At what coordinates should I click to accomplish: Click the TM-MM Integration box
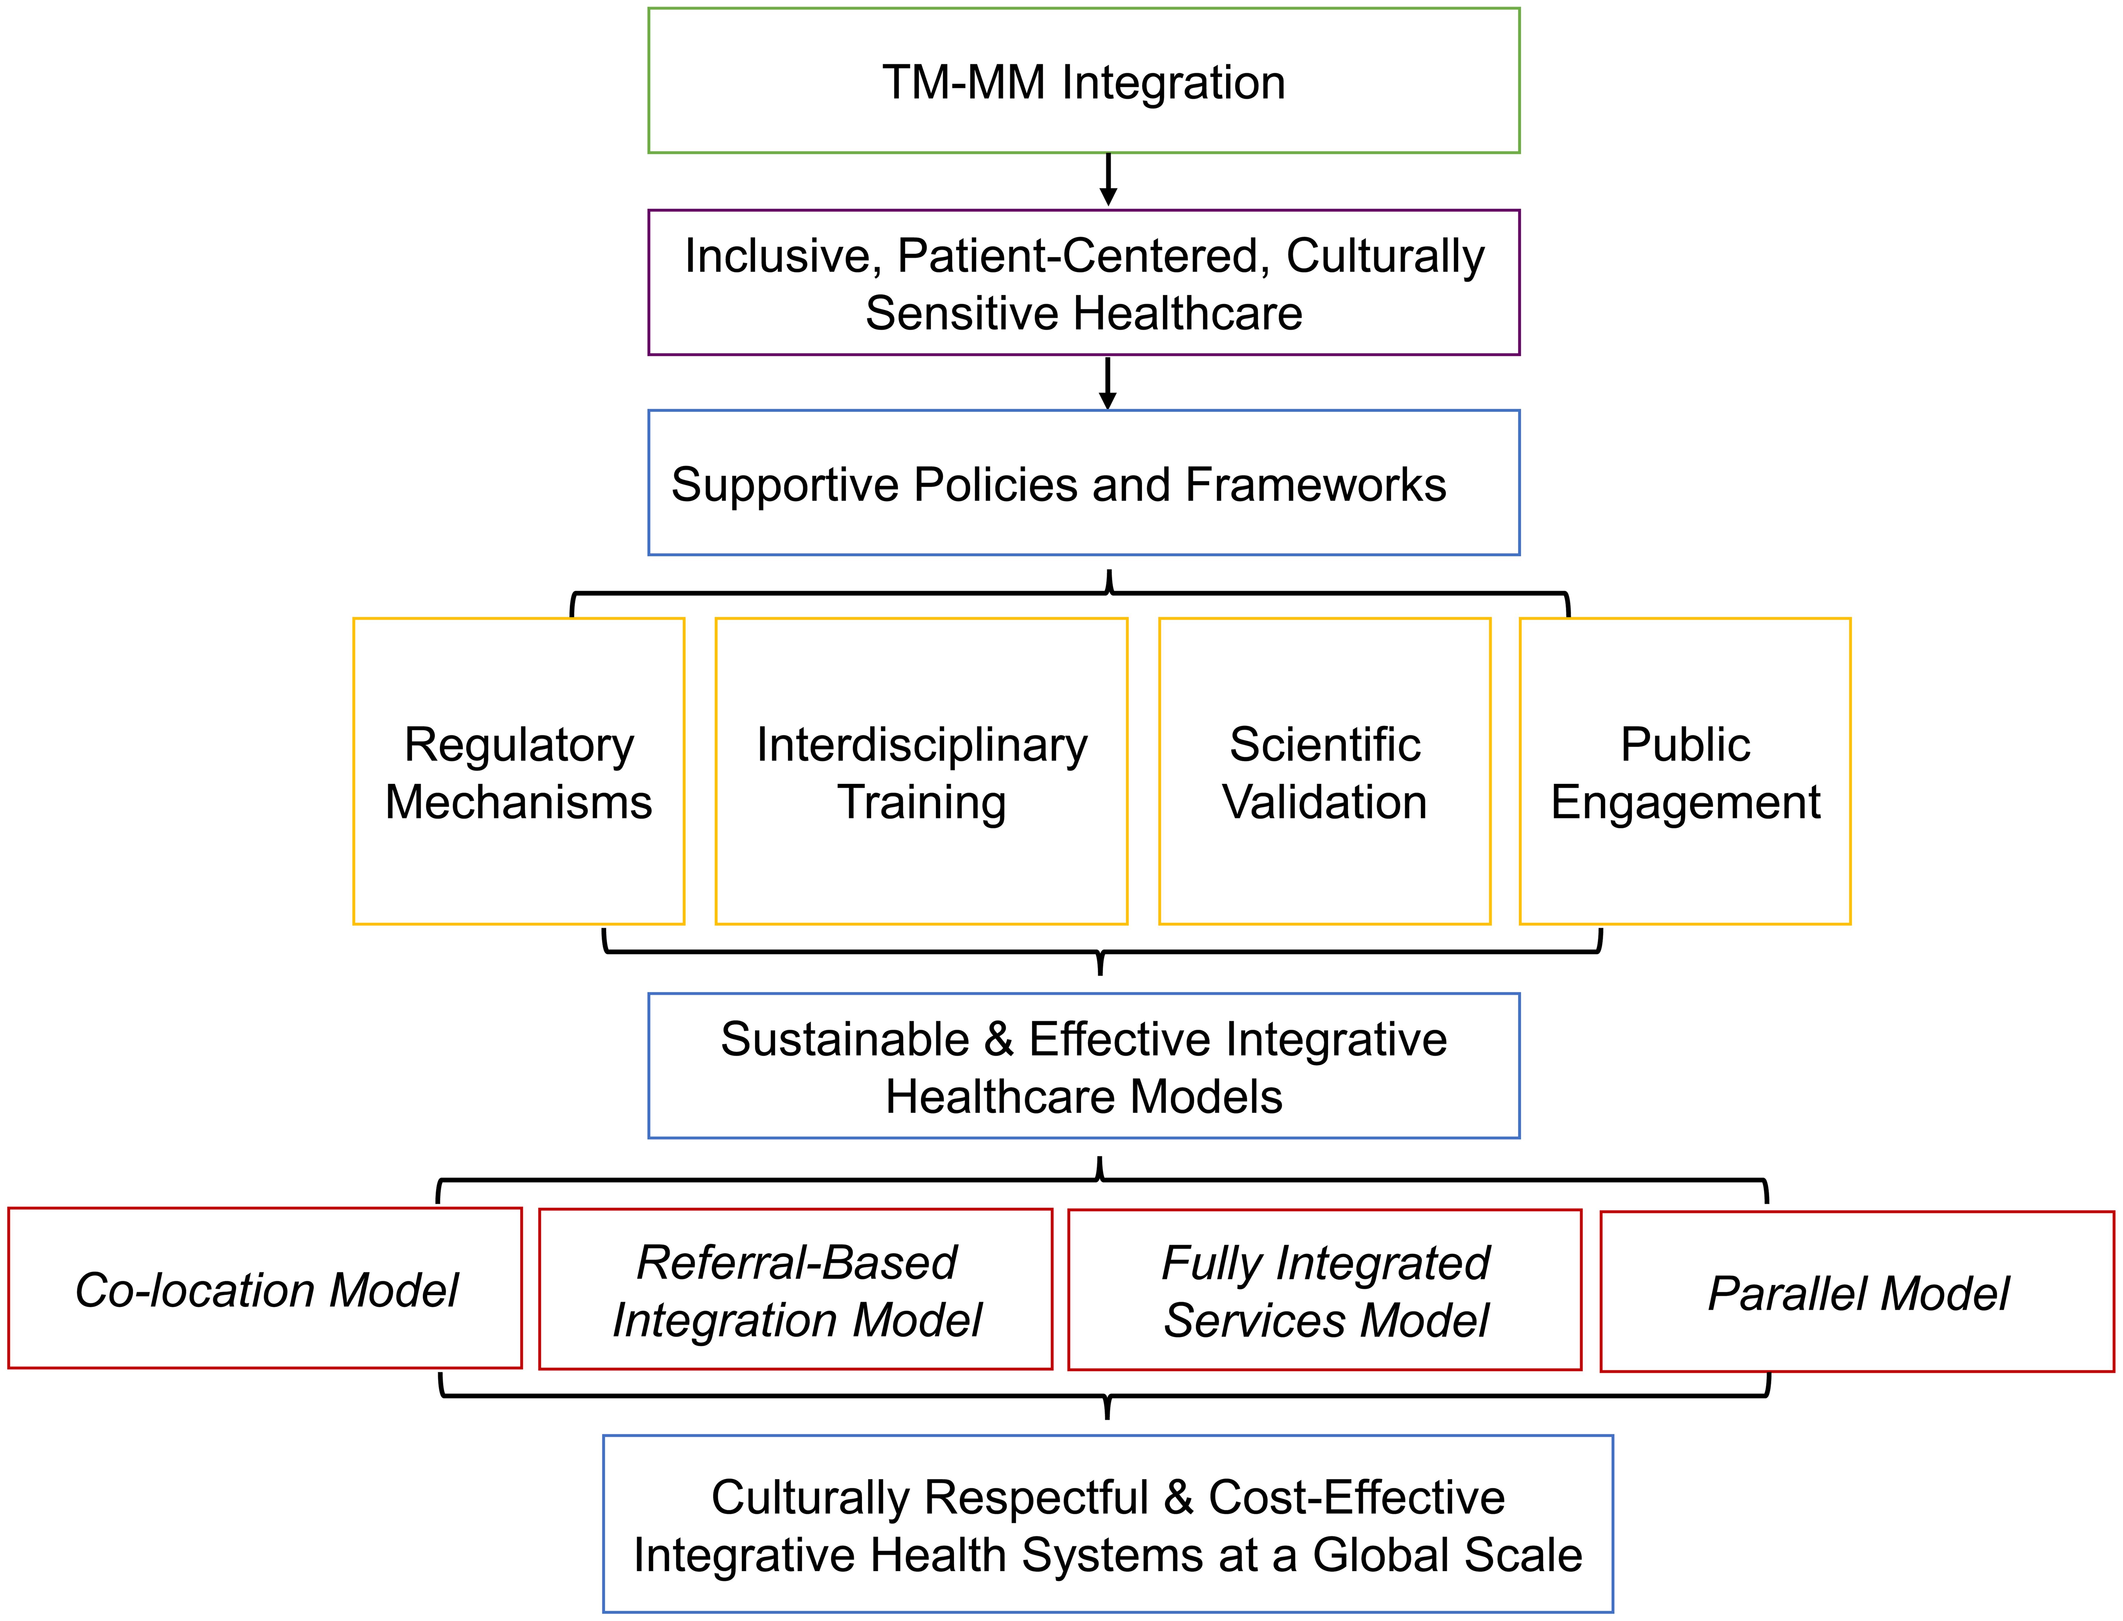1083,81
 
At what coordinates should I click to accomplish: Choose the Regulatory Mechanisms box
519,772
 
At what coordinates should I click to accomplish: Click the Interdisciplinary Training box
921,772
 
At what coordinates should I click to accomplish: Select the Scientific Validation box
1324,772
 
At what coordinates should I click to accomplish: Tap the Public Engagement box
1685,772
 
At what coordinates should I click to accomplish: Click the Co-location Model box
265,1289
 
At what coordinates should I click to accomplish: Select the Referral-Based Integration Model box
796,1290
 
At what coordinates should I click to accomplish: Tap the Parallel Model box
1858,1293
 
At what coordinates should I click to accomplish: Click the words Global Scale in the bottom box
1447,1555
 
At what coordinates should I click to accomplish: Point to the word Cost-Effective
1356,1498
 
